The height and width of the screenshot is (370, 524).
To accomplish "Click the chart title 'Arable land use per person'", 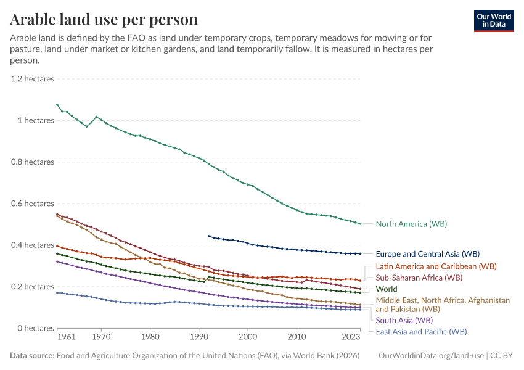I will coord(104,20).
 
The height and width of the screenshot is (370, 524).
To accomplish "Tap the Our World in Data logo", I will coord(493,20).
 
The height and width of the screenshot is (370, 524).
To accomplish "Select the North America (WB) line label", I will coord(411,224).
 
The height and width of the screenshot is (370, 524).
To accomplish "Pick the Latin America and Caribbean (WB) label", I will coord(436,266).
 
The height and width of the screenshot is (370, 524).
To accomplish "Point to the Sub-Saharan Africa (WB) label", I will coord(419,277).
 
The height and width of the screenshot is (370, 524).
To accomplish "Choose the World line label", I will coord(387,289).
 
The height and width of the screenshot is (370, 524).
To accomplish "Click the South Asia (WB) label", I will coord(404,320).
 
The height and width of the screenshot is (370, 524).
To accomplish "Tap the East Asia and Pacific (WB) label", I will coord(421,331).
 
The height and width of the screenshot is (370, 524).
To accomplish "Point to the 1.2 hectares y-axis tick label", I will coord(33,79).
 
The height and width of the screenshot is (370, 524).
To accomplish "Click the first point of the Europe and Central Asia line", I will coord(208,236).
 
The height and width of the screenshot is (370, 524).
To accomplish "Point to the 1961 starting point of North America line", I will coord(57,105).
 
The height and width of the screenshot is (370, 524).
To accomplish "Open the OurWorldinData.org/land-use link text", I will coord(430,356).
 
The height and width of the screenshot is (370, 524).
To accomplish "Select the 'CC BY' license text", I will coord(502,356).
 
